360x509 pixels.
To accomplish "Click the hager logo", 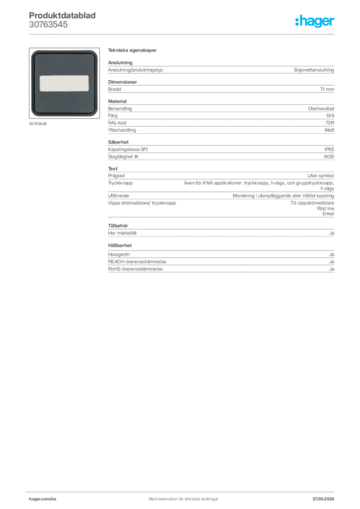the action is pos(315,21).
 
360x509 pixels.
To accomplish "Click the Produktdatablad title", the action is pos(62,15).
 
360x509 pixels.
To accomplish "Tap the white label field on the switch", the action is pos(64,84).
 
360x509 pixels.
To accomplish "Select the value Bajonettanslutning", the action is pos(314,70).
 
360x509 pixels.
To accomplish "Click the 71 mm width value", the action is pos(327,89).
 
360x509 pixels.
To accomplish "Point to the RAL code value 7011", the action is pos(330,123).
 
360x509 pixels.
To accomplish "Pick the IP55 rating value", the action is pos(329,149).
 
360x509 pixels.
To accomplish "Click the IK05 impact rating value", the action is pos(329,157).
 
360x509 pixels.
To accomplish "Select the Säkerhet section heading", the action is pos(118,142).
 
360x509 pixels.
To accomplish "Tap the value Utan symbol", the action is pos(321,175).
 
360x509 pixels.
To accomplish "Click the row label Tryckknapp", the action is pos(120,183).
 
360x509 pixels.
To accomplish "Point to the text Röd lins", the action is pos(326,208).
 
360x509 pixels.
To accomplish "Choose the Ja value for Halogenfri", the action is pos(332,254).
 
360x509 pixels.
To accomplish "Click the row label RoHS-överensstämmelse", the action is pos(135,269).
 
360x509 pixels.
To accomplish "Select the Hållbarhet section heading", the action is pos(120,246).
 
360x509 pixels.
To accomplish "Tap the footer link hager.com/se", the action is pos(43,499).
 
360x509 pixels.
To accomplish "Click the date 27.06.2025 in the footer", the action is pos(323,499).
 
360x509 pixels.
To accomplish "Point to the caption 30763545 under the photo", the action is pos(38,124).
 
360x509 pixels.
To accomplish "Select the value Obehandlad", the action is pos(321,109).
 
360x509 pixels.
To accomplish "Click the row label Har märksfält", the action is pos(122,233).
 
